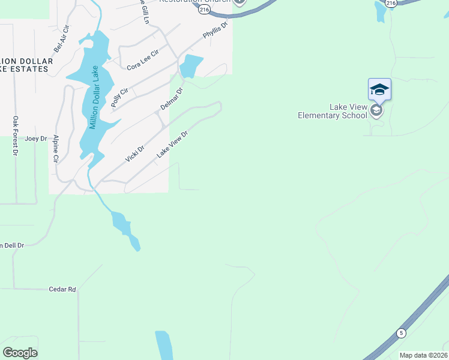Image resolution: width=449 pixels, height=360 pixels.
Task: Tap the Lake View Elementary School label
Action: [331, 111]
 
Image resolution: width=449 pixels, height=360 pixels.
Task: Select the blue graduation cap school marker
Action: [379, 89]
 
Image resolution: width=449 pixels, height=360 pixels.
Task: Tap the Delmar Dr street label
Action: [171, 99]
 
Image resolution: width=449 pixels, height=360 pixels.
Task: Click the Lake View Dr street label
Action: [173, 145]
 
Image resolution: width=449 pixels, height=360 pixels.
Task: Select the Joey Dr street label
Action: [35, 138]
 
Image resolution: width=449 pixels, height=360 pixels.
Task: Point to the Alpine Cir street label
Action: [55, 149]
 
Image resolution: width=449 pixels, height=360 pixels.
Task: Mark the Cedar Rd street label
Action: [62, 289]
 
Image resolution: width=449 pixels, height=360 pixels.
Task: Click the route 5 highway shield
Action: [400, 332]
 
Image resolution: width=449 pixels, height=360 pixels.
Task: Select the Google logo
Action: [20, 353]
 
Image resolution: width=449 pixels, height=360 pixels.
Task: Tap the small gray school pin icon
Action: [376, 110]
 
